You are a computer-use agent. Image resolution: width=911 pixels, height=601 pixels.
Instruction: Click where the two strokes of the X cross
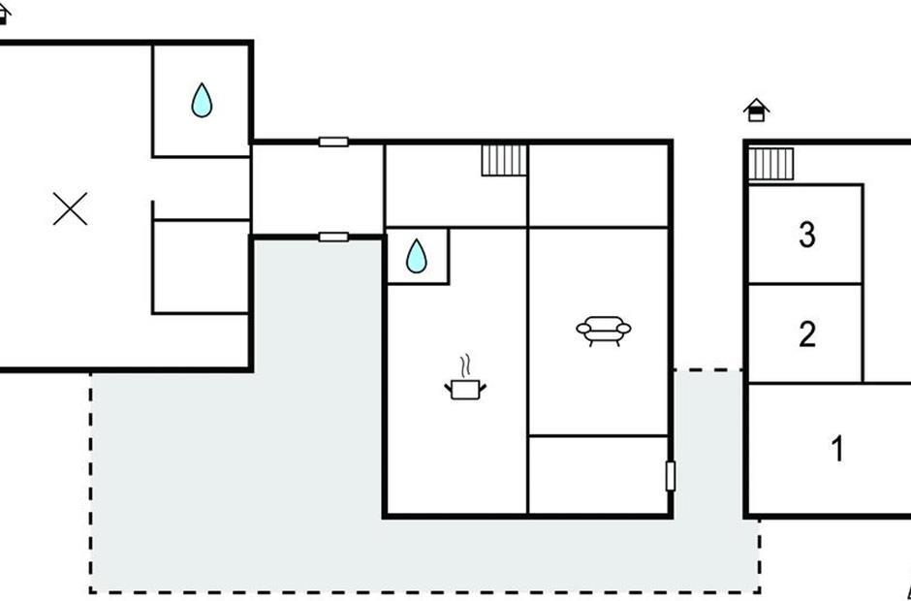(x=71, y=209)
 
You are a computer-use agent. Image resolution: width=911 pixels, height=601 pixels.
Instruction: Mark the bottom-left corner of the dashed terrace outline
(x=91, y=591)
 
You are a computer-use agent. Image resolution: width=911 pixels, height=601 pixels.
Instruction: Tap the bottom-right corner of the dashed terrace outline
(x=760, y=591)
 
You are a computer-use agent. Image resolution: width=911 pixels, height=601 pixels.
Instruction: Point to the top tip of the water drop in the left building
(x=202, y=83)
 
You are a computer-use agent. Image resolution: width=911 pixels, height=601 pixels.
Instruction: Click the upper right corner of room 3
(x=863, y=185)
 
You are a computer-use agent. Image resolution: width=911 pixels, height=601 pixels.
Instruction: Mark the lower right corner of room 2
(x=863, y=383)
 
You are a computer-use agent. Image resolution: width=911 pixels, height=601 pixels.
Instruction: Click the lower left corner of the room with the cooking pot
(x=386, y=515)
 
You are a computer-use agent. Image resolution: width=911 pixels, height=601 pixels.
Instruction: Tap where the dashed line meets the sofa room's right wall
(x=672, y=369)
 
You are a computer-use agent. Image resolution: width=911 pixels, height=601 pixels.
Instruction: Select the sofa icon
(x=604, y=332)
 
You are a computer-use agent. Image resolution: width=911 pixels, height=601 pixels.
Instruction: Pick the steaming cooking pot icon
(x=465, y=378)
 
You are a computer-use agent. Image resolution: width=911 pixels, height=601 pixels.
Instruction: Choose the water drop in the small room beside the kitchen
(x=416, y=256)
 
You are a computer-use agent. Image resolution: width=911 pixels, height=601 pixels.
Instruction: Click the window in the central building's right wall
(x=671, y=476)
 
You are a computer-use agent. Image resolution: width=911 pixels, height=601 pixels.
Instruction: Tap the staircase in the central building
(x=504, y=160)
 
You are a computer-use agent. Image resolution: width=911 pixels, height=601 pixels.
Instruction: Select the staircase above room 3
(x=770, y=164)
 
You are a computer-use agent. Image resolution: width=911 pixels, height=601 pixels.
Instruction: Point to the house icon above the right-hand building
(x=756, y=111)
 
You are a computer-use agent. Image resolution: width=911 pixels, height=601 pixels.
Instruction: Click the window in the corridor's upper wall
(x=333, y=142)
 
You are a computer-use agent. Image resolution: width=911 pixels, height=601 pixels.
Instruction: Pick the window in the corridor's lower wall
(x=333, y=237)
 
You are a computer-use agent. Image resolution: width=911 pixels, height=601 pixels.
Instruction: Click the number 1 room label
(x=837, y=449)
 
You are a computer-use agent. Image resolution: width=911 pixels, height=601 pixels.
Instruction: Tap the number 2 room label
(x=807, y=334)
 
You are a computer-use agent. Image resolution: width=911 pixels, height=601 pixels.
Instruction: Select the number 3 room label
(x=807, y=235)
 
